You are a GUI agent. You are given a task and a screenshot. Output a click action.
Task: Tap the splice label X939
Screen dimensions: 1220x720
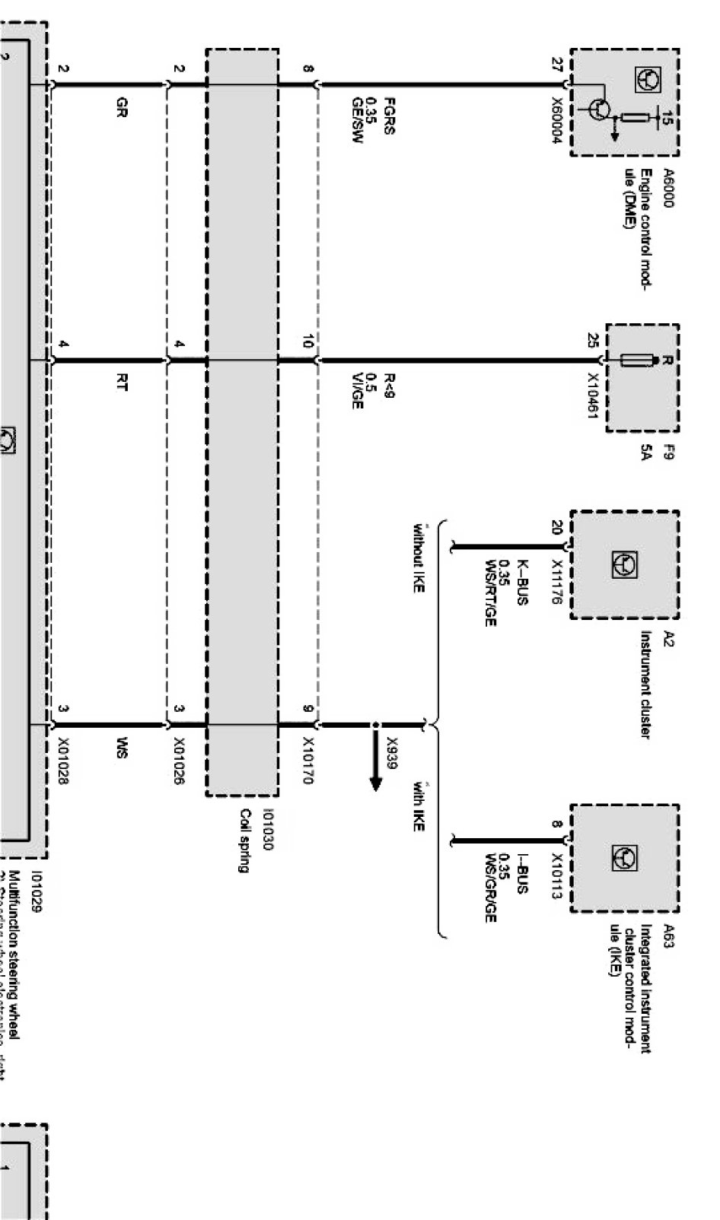[392, 755]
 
